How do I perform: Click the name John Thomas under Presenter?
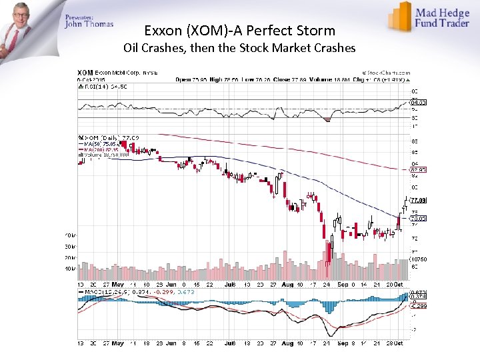tap(89, 25)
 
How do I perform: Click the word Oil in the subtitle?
tap(133, 49)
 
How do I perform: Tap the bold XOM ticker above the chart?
tap(85, 73)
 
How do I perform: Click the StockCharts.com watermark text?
tap(387, 73)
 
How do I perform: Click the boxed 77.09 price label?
tap(418, 199)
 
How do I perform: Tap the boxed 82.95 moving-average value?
tap(418, 170)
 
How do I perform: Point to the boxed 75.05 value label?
tap(418, 218)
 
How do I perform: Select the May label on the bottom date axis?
tap(118, 344)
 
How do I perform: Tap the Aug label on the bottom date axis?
tap(287, 344)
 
